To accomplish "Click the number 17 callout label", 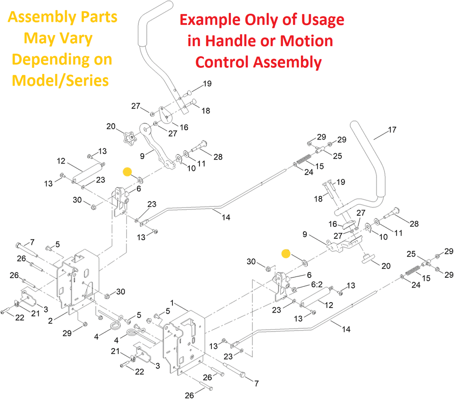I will click(x=391, y=130).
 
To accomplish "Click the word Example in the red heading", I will click(x=208, y=20).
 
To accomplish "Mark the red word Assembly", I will click(x=288, y=62).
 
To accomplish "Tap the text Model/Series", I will click(x=60, y=80).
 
